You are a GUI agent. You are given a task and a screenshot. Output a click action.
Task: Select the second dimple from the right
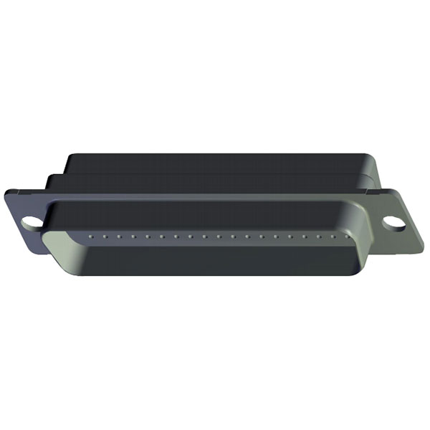(x=333, y=234)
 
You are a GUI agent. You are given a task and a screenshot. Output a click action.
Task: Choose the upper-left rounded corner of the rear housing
(x=68, y=156)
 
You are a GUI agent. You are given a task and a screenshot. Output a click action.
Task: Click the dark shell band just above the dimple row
(x=215, y=215)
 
